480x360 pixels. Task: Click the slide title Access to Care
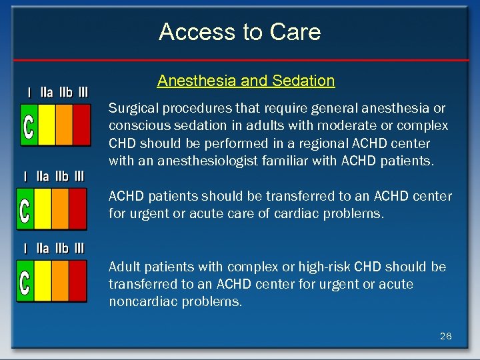pyautogui.click(x=240, y=32)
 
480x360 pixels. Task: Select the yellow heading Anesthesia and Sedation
pyautogui.click(x=246, y=81)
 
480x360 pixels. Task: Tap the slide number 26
pyautogui.click(x=445, y=336)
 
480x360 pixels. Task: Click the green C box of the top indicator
pyautogui.click(x=29, y=125)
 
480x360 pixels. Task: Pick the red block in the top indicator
pyautogui.click(x=81, y=125)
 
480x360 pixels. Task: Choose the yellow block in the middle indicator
pyautogui.click(x=42, y=209)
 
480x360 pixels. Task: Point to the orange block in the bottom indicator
pyautogui.click(x=60, y=281)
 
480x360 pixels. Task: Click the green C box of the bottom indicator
pyautogui.click(x=25, y=281)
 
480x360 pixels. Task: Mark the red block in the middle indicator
pyautogui.click(x=77, y=209)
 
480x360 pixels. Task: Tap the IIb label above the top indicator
pyautogui.click(x=65, y=91)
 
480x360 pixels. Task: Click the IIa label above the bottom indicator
pyautogui.click(x=43, y=249)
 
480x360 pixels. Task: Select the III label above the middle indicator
pyautogui.click(x=79, y=176)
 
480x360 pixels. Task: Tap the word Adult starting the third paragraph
pyautogui.click(x=124, y=267)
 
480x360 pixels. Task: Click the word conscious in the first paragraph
pyautogui.click(x=134, y=125)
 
